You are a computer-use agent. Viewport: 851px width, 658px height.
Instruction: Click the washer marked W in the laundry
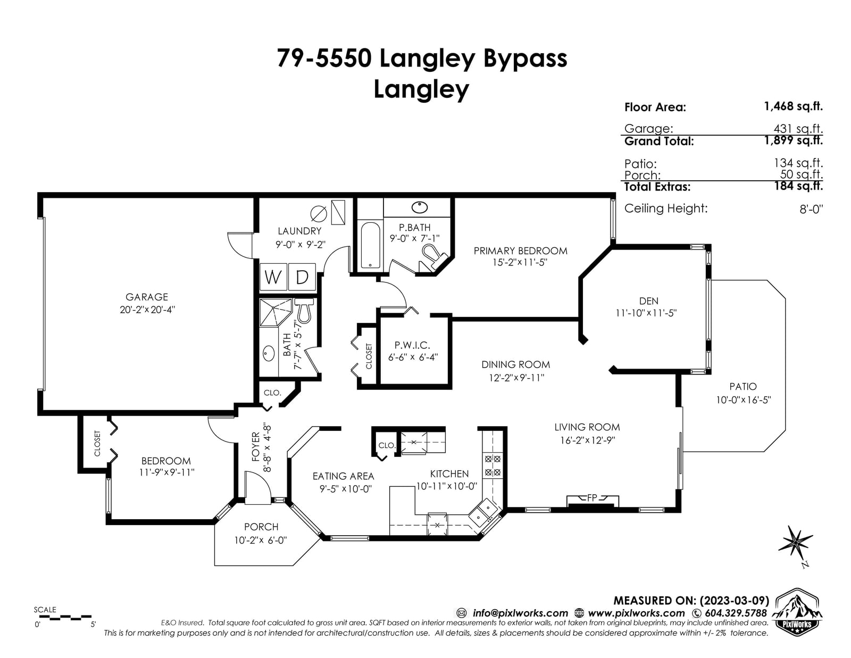click(x=273, y=277)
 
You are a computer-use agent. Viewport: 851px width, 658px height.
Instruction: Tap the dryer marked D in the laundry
click(x=302, y=277)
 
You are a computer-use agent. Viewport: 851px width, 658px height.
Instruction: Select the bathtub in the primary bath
click(x=371, y=246)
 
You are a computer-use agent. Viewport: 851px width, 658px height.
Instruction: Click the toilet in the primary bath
click(x=433, y=257)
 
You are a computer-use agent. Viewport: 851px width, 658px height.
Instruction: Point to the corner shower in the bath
click(x=276, y=313)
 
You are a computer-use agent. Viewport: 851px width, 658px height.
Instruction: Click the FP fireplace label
click(x=592, y=498)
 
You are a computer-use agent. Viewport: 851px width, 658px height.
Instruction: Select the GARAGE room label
click(x=147, y=297)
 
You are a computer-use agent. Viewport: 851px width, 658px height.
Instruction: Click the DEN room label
click(x=648, y=301)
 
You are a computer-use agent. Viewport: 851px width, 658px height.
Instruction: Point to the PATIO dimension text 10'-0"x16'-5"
click(x=744, y=400)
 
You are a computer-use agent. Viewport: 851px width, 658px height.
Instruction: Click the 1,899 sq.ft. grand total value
click(x=794, y=140)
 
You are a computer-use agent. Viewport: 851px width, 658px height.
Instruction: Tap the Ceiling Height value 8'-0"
click(x=811, y=209)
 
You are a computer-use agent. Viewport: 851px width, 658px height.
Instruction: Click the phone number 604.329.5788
click(x=736, y=613)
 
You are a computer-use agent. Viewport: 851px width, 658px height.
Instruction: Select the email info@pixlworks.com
click(x=520, y=613)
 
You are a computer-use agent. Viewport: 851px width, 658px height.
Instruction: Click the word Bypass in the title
click(x=525, y=59)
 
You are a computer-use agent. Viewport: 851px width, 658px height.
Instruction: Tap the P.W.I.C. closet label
click(x=412, y=345)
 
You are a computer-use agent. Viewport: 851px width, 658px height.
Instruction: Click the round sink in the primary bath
click(x=420, y=207)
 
